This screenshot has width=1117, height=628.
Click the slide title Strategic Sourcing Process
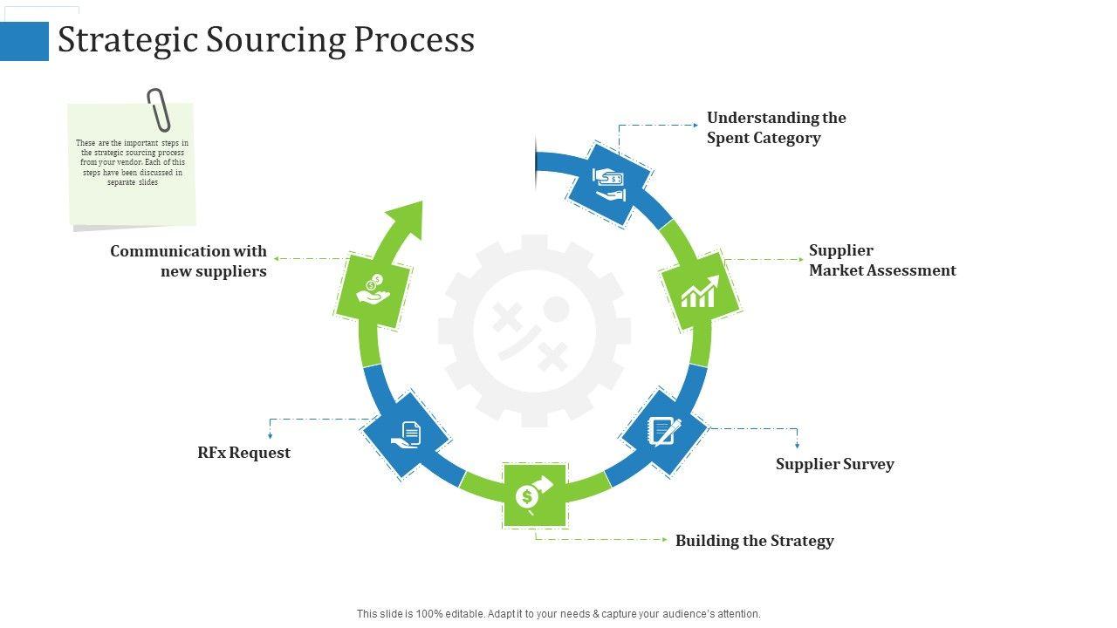pos(266,40)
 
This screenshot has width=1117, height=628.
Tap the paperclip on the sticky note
pos(159,110)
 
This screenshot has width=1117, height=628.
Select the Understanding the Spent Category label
pos(776,127)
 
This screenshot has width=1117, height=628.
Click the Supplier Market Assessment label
pos(881,260)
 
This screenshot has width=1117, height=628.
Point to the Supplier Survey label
pos(834,464)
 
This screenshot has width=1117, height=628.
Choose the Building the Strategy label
pos(754,541)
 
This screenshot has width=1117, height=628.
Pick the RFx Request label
pos(243,453)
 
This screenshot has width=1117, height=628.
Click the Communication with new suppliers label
pos(188,261)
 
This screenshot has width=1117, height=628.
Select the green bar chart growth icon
pos(700,291)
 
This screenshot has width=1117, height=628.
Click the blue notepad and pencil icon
pos(664,432)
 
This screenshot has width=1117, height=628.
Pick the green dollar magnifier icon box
pos(534,495)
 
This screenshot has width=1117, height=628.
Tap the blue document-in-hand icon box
pos(406,433)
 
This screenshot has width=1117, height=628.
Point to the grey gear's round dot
pos(556,309)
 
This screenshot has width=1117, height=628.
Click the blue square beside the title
pos(24,41)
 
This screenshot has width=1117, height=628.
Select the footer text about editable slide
pos(558,614)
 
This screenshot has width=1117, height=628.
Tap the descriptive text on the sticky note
pos(133,163)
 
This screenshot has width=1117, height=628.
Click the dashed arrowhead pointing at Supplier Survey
pos(797,445)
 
